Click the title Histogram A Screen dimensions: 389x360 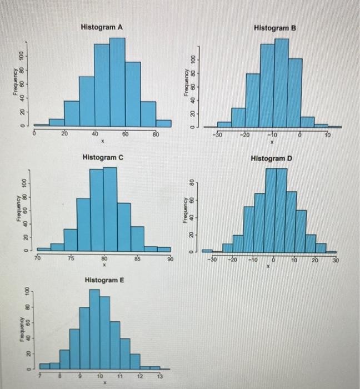click(102, 27)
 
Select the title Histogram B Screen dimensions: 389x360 click(274, 27)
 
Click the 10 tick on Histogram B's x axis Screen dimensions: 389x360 click(328, 134)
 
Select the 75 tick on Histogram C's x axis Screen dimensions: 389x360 click(70, 258)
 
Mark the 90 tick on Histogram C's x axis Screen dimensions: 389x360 click(171, 260)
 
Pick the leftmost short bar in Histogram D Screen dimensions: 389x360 click(207, 251)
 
